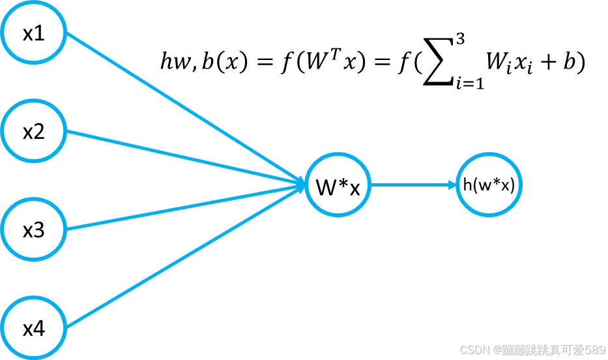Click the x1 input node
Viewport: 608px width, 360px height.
pos(33,33)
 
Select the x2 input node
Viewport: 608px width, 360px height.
pos(33,132)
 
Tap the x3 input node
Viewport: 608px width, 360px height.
pos(33,230)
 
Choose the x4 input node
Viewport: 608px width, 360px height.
pos(33,328)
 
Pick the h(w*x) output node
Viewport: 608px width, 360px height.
pos(489,185)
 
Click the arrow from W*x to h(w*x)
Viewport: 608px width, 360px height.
pos(411,185)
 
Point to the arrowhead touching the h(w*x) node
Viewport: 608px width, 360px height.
pos(452,185)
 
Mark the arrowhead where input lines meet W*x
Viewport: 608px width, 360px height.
pos(301,185)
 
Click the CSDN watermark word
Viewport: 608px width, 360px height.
pos(474,350)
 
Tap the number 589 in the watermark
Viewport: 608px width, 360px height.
pos(595,350)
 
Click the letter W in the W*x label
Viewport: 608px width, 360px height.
pos(325,187)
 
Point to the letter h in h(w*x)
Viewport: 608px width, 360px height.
pos(467,185)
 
